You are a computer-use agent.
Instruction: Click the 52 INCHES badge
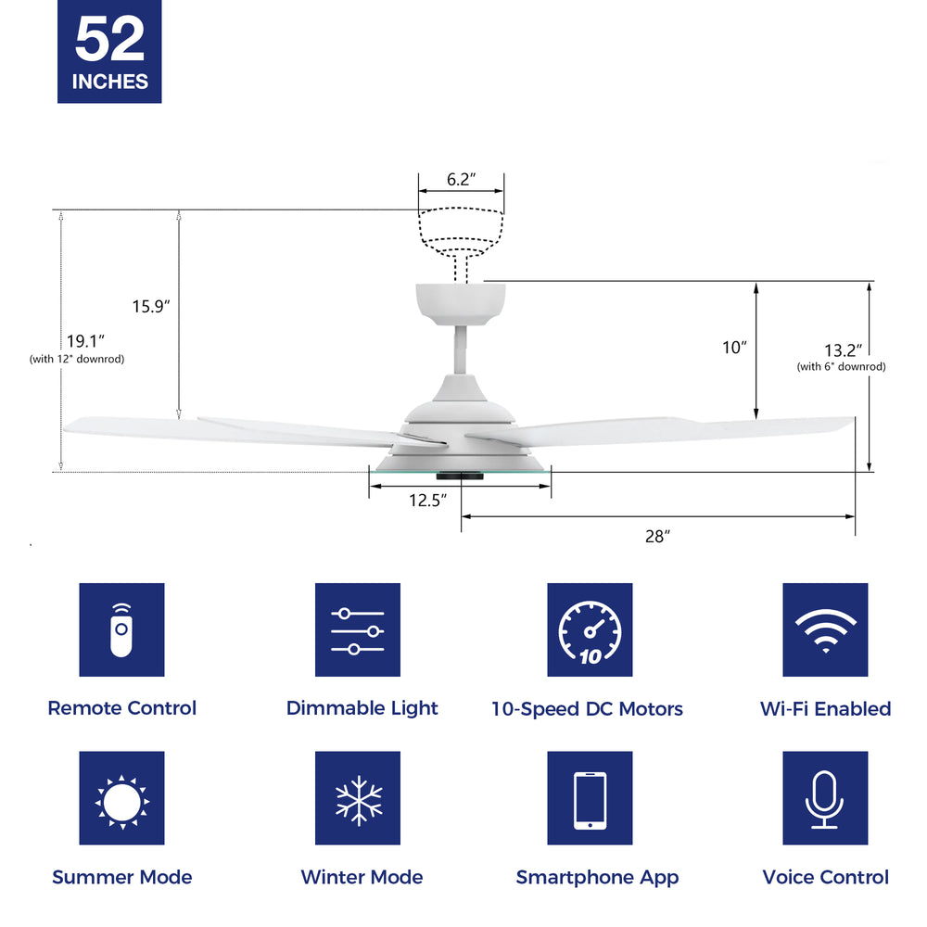(109, 51)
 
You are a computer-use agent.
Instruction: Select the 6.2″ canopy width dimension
(461, 180)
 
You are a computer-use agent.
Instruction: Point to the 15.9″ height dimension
(150, 305)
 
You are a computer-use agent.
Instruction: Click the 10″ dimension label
(734, 348)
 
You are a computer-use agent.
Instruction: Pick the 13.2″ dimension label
(843, 349)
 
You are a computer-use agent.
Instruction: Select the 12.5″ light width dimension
(428, 501)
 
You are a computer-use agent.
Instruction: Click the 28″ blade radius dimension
(656, 536)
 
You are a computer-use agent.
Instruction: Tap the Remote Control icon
(121, 630)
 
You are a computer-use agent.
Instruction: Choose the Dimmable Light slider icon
(358, 630)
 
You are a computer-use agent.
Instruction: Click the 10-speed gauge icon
(590, 630)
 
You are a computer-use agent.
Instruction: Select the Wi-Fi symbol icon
(825, 630)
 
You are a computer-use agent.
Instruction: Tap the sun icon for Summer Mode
(121, 798)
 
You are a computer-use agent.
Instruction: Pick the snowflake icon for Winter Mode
(358, 798)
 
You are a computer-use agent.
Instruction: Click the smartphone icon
(590, 798)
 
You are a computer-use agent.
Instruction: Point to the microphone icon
(825, 798)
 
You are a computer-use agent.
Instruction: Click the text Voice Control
(825, 877)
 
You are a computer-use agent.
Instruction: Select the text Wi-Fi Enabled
(825, 709)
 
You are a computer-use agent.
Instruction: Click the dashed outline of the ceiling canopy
(461, 228)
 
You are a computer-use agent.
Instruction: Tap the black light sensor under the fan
(461, 476)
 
